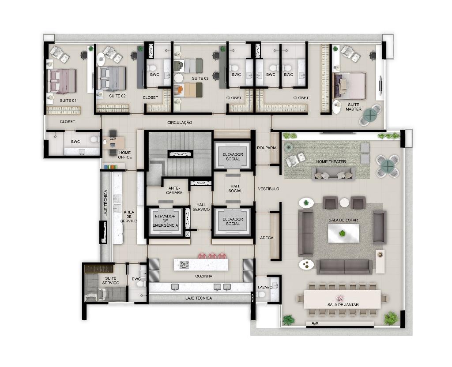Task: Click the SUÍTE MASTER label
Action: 354,107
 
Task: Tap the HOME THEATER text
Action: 331,161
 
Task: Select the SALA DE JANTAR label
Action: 343,304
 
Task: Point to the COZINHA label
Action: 204,276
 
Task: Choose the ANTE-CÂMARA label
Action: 174,190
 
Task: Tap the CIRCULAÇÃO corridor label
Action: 180,123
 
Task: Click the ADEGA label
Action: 267,238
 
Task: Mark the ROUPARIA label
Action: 267,148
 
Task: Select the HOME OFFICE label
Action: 125,155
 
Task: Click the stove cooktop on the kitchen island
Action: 185,264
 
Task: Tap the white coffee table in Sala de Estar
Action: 343,233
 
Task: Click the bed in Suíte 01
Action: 61,81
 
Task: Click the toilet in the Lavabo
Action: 261,294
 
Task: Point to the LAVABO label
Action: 265,287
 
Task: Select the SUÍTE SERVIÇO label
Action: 111,280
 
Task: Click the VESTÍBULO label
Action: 268,189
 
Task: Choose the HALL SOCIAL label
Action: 235,188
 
